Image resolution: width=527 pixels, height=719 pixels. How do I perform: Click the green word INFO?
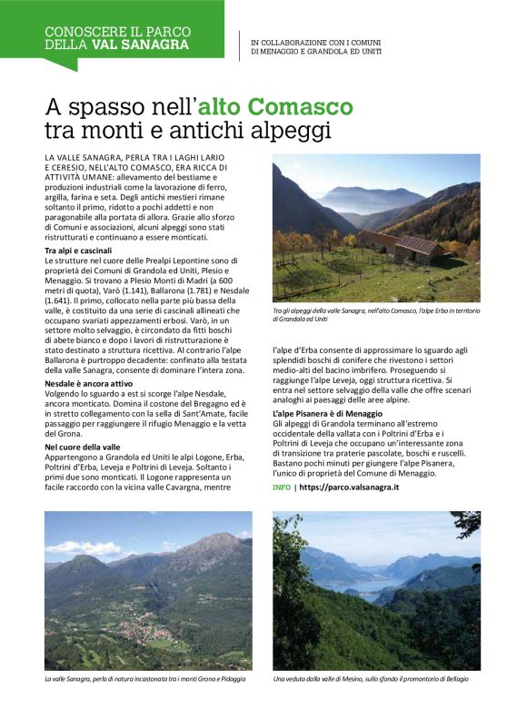(282, 488)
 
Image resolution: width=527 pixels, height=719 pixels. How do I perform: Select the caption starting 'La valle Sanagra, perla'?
(145, 679)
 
